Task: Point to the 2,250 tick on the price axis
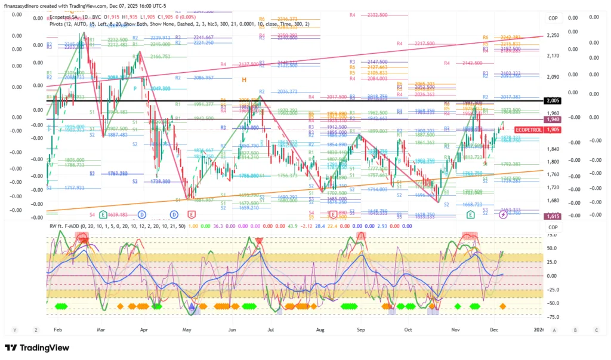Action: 552,35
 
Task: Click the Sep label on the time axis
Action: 361,330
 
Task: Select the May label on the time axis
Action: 187,330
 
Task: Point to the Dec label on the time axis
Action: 494,330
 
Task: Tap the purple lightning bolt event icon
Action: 502,214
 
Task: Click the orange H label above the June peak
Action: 244,79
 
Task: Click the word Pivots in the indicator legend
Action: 58,24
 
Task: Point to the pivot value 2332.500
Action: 377,14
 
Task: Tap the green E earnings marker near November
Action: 471,214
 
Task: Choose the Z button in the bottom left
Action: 35,330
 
